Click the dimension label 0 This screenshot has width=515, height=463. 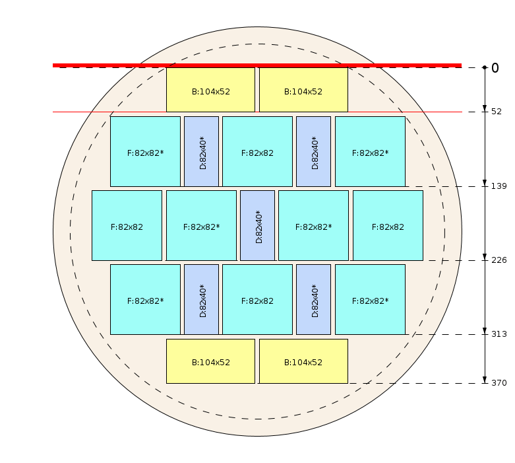coord(495,68)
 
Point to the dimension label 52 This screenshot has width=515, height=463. coord(497,112)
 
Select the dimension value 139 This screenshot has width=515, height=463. coord(499,186)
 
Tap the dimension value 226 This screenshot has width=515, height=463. coord(499,260)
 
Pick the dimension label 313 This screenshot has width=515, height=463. coord(499,334)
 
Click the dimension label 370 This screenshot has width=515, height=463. coord(499,383)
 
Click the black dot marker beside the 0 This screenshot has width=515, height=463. coord(485,67)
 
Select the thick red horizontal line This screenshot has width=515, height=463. coord(257,65)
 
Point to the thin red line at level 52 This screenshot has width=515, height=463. coord(257,112)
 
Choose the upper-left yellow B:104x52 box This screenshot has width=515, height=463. coord(210,90)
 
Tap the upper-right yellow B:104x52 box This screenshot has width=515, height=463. coord(303,90)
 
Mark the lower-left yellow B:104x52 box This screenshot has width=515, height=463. coord(210,361)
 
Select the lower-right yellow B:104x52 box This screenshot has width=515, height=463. coord(303,361)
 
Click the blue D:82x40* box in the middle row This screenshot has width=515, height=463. coord(257,225)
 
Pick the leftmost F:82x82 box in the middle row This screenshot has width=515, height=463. coord(127,225)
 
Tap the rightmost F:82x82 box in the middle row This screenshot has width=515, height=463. coord(388,225)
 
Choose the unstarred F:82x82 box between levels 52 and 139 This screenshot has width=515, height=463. coord(257,151)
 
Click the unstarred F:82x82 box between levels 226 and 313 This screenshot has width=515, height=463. coord(257,299)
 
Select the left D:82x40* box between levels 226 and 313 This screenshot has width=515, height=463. coord(201,299)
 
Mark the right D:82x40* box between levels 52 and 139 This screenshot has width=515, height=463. coord(314,151)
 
